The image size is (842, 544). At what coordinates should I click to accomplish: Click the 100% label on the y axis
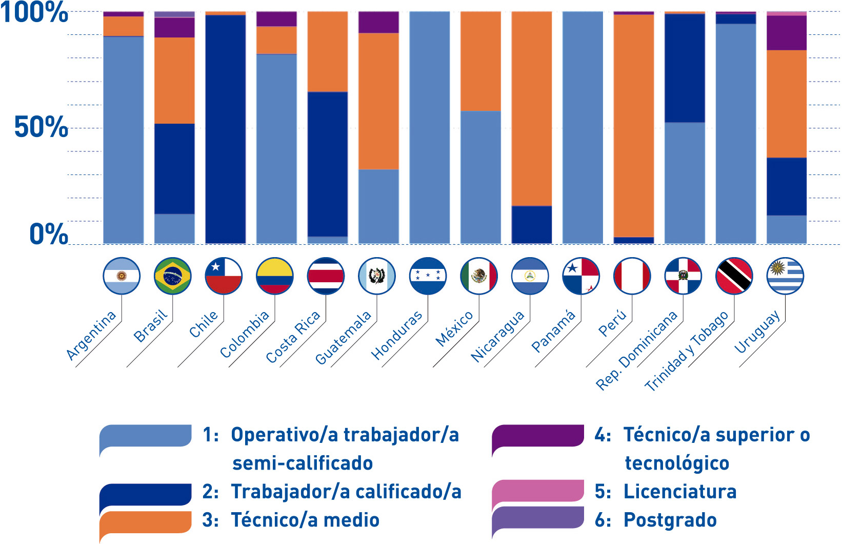point(34,13)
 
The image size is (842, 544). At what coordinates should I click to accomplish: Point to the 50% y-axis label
point(41,127)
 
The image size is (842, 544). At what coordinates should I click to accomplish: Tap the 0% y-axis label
point(48,234)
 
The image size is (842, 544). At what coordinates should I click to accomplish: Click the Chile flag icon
point(224,276)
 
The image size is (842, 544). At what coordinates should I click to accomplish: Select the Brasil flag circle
point(172,276)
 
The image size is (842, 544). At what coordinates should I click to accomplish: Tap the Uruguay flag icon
point(785,276)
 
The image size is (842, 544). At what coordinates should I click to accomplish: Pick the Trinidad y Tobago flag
point(734,276)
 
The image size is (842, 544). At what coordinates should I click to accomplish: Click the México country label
point(454,329)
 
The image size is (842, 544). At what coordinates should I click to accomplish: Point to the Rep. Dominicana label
point(637,351)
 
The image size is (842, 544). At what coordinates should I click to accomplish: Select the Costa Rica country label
point(293,337)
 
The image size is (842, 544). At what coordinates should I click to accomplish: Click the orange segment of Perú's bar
point(634,126)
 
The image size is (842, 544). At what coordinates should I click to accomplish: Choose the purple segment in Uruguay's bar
point(787,33)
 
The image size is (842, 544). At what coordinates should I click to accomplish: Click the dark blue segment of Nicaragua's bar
point(532,224)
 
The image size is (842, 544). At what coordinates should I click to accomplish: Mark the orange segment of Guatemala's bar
point(378,101)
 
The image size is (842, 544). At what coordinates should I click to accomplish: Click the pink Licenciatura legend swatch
point(538,491)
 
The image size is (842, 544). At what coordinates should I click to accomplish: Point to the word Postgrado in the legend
point(670,520)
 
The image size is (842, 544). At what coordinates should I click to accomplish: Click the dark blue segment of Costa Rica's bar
point(328,164)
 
